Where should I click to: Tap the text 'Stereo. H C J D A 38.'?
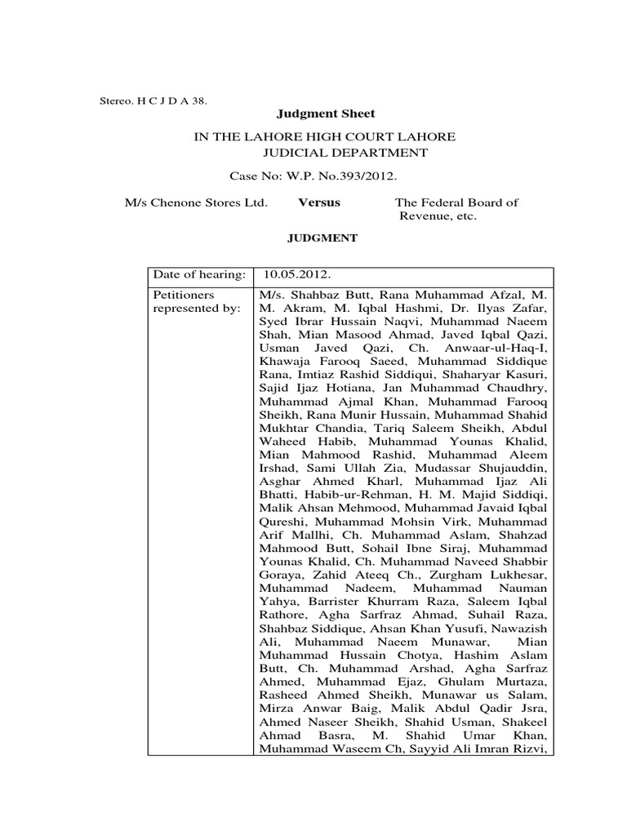pyautogui.click(x=153, y=100)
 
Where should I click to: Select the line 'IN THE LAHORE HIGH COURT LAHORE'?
pyautogui.click(x=324, y=136)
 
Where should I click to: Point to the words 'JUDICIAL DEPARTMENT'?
pyautogui.click(x=344, y=152)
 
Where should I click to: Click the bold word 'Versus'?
pyautogui.click(x=319, y=202)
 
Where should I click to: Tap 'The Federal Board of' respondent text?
pyautogui.click(x=456, y=202)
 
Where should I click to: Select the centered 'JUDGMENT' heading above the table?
pyautogui.click(x=320, y=238)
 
